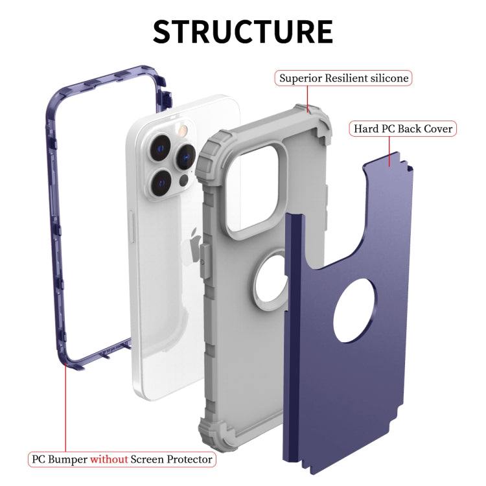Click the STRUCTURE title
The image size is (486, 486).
point(243,31)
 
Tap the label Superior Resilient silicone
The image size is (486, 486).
point(343,78)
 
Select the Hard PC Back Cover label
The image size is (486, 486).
point(402,128)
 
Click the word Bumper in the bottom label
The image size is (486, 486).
point(69,459)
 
